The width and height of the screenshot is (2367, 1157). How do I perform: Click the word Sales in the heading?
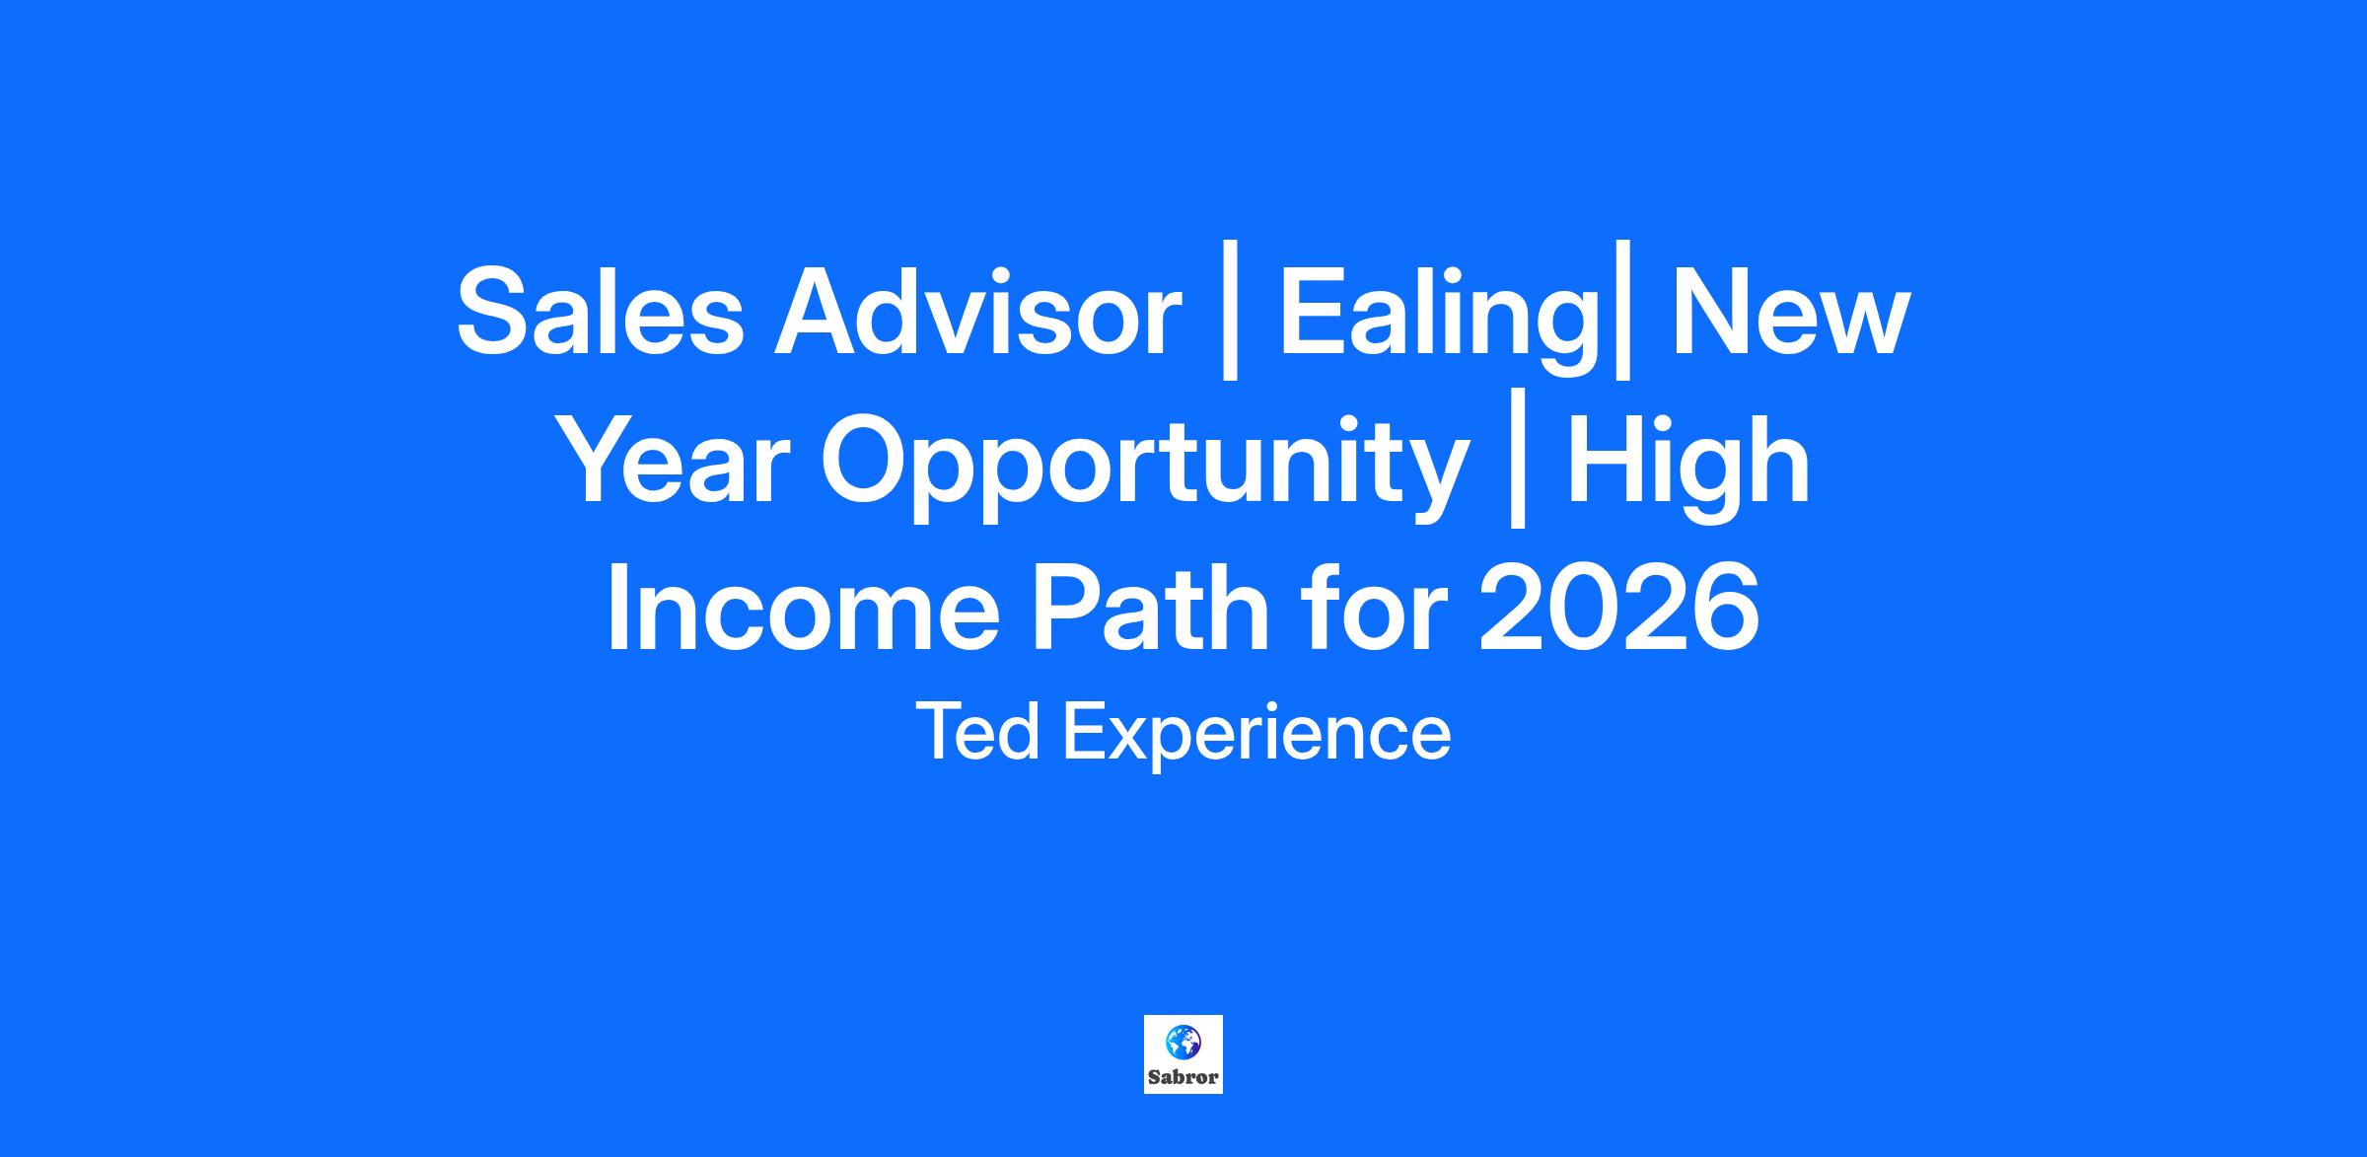(600, 313)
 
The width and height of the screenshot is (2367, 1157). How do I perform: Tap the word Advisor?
(977, 313)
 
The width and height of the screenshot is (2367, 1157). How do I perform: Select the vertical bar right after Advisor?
(1229, 323)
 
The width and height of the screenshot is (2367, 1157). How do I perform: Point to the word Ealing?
(1438, 321)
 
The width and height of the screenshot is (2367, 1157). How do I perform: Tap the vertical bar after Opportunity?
(1518, 470)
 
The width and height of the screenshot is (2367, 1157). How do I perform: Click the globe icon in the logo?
(1183, 1041)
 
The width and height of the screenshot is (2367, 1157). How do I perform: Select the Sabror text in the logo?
(1183, 1076)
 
